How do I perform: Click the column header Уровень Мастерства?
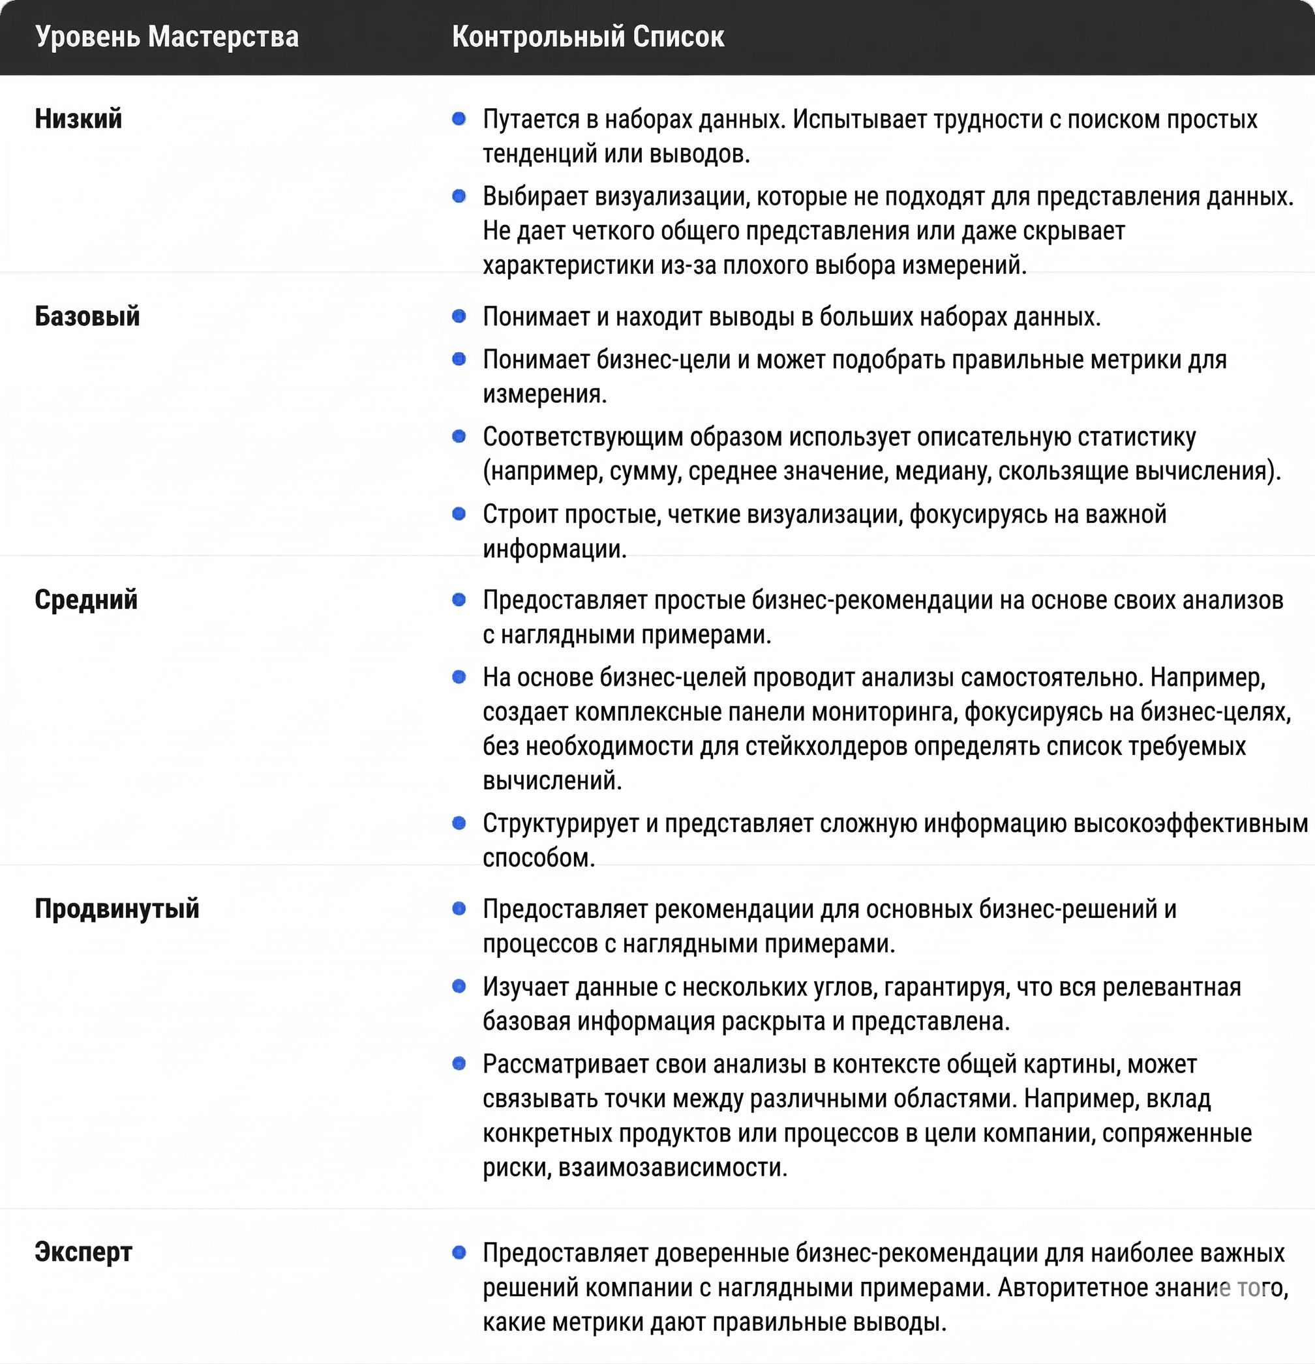point(167,37)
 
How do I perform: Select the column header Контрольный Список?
point(588,37)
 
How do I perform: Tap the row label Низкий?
point(79,119)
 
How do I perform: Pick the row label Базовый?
point(87,317)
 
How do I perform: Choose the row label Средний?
point(86,600)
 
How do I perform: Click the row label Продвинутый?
point(117,909)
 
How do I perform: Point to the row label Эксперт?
point(83,1252)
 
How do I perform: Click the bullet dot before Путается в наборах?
point(459,119)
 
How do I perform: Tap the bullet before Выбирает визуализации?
point(459,196)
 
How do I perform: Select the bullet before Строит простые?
point(459,514)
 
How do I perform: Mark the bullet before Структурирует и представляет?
point(459,823)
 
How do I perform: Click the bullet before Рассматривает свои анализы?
point(459,1063)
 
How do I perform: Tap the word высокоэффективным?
point(1190,823)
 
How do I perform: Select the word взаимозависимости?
point(673,1167)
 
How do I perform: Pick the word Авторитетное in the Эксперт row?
point(1072,1288)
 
